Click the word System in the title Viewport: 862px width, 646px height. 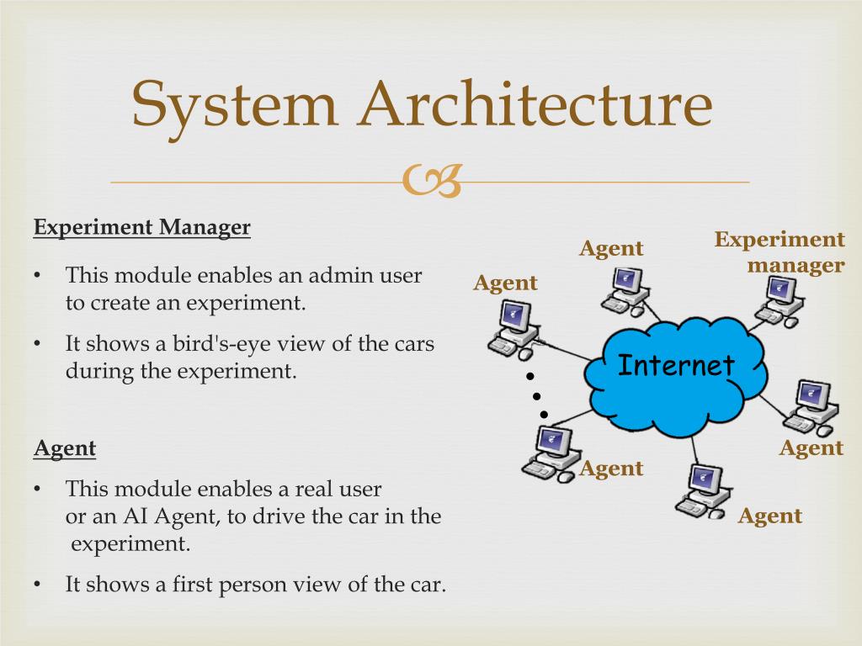[x=234, y=106]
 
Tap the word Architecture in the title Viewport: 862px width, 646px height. [x=535, y=106]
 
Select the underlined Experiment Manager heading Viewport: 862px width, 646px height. [x=142, y=227]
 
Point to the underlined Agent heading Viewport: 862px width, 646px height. [x=65, y=448]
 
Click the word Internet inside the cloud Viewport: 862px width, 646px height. [x=676, y=366]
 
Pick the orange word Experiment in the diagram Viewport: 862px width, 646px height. [x=780, y=240]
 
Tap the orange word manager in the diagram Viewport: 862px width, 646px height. [x=796, y=266]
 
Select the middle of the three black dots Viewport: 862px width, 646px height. [x=536, y=395]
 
